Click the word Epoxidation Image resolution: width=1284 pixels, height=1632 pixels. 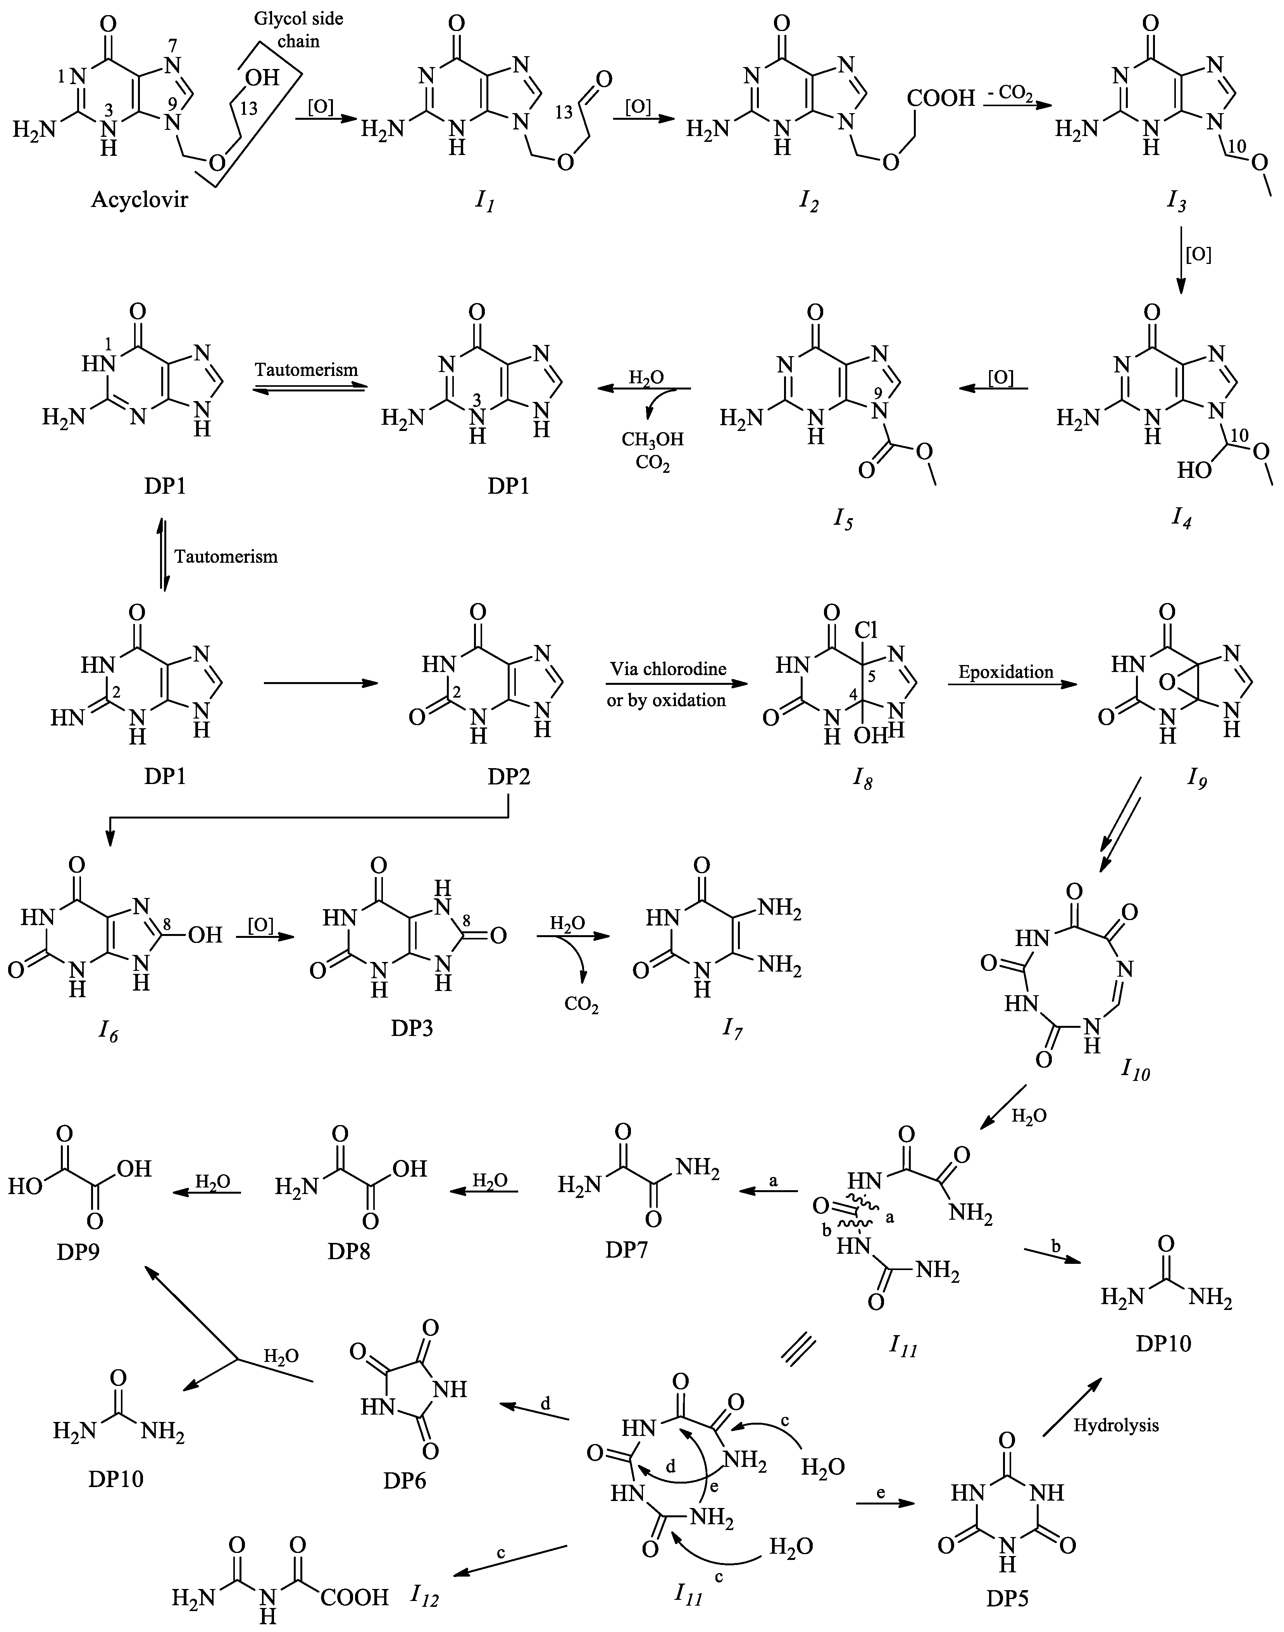tap(1006, 671)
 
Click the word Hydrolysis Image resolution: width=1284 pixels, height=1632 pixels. tap(1116, 1425)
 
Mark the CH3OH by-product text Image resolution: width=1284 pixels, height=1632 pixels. tap(652, 439)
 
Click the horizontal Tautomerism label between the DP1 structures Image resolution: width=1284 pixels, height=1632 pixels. tap(306, 370)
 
